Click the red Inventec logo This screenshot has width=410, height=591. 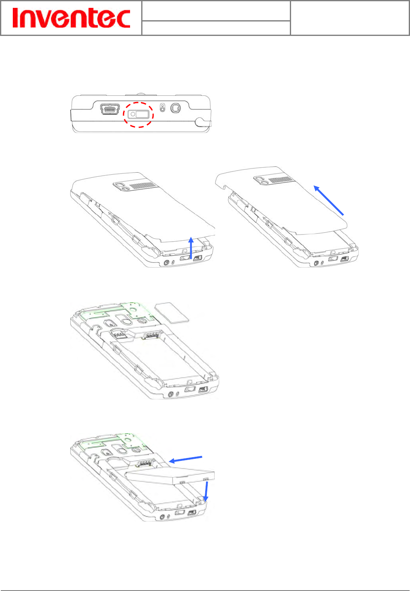(x=71, y=18)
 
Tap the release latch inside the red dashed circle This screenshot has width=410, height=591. (x=139, y=114)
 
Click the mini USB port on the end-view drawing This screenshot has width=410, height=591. (x=110, y=109)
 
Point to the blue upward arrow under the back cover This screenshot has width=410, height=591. (x=191, y=247)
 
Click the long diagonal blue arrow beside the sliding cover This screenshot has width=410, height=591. (x=329, y=200)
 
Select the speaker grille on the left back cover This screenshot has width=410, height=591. (x=143, y=186)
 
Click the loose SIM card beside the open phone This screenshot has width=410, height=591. (x=172, y=312)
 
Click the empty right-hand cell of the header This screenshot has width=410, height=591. (x=350, y=18)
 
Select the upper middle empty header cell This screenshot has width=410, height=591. (x=216, y=11)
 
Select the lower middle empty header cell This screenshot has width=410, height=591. (x=216, y=28)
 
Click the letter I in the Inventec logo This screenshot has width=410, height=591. (x=16, y=18)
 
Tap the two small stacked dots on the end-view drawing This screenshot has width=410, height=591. (x=163, y=108)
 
